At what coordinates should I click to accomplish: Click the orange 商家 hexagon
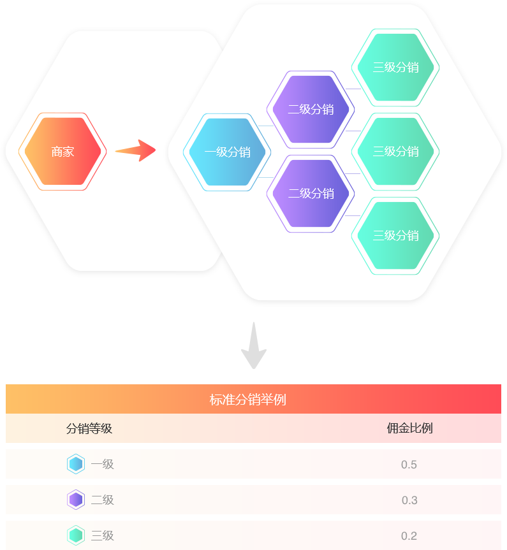(62, 152)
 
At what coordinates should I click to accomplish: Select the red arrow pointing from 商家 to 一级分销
(135, 151)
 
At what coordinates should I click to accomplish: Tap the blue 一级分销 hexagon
(227, 152)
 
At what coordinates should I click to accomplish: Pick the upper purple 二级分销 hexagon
(311, 109)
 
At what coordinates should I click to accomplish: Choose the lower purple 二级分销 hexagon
(311, 193)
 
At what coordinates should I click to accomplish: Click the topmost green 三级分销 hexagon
(395, 67)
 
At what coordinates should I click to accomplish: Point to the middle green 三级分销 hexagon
(395, 151)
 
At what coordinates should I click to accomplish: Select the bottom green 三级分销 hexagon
(395, 235)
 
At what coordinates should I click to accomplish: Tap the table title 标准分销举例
(247, 400)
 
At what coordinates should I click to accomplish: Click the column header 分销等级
(89, 428)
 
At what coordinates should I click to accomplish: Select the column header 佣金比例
(409, 428)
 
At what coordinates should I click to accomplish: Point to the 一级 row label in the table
(102, 464)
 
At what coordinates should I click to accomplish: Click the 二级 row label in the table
(102, 500)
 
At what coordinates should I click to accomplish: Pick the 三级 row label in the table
(102, 535)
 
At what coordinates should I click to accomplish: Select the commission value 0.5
(409, 465)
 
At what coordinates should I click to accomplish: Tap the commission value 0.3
(409, 500)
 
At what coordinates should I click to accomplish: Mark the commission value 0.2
(409, 536)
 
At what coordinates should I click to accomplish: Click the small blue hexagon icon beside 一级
(76, 464)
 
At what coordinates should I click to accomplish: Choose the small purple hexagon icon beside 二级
(76, 500)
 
